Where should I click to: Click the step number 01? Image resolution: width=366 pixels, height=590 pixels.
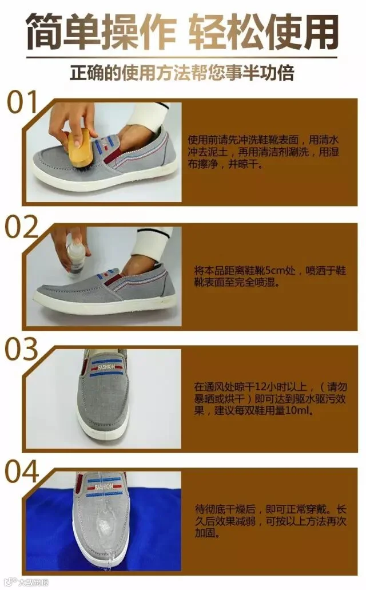coord(22,102)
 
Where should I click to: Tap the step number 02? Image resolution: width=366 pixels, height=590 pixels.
coord(21,227)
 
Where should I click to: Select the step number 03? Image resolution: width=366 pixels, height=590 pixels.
coord(21,349)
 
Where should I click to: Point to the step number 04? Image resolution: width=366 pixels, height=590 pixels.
coord(21,471)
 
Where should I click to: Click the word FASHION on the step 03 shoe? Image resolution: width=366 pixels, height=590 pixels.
coord(106,367)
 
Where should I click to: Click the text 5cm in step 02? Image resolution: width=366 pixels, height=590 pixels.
coord(275,271)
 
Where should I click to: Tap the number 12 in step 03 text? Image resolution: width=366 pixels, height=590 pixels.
coord(261,387)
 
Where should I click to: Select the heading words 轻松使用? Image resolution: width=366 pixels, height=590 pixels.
coord(262,31)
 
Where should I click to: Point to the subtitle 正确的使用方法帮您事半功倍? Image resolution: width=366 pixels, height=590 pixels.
coord(182,73)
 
